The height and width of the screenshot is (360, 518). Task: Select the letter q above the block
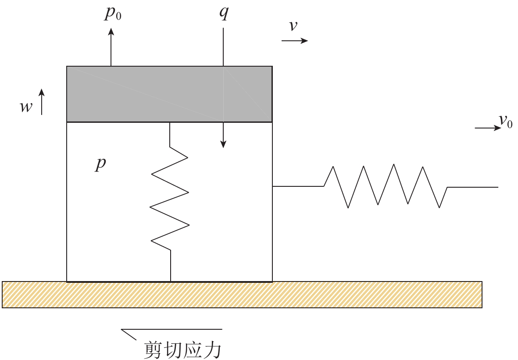(223, 14)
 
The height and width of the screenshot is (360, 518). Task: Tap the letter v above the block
(293, 26)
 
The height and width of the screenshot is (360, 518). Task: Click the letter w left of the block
(26, 107)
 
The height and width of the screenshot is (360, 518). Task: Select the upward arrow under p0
(111, 46)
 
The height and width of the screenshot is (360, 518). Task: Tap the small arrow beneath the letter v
(295, 40)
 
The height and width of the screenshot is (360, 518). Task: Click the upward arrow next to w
(42, 101)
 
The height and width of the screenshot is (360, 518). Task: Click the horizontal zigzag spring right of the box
(386, 186)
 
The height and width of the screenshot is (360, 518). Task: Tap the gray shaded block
(169, 94)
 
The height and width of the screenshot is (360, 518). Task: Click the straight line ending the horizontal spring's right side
(473, 187)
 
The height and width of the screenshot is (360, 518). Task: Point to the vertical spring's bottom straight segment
(170, 266)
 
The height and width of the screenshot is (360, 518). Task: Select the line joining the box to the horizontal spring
(298, 186)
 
